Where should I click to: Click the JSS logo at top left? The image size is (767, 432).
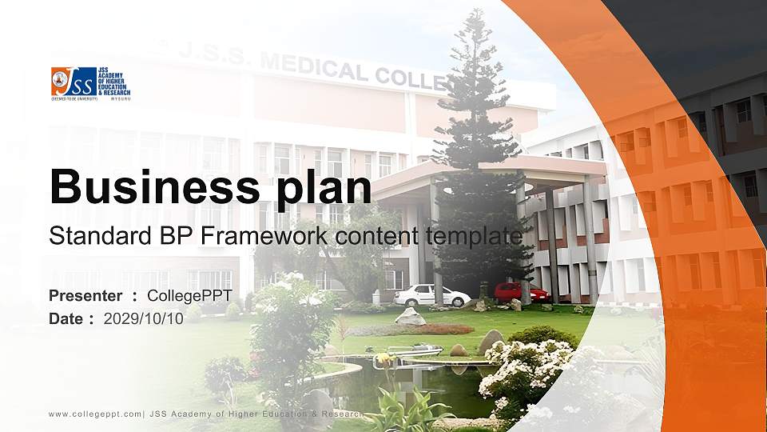pyautogui.click(x=89, y=82)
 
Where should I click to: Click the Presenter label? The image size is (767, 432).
pyautogui.click(x=85, y=296)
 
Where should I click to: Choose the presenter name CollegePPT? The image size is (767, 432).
pyautogui.click(x=189, y=296)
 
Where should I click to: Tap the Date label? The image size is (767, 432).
pyautogui.click(x=67, y=318)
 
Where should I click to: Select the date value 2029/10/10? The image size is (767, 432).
pyautogui.click(x=143, y=318)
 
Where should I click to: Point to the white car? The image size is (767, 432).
pyautogui.click(x=431, y=296)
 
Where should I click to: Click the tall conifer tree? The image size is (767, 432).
pyautogui.click(x=479, y=144)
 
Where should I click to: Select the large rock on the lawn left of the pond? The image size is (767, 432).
pyautogui.click(x=411, y=317)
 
